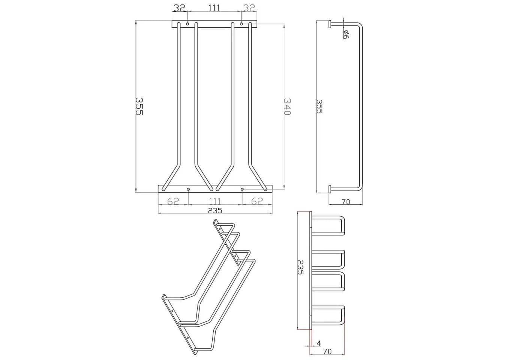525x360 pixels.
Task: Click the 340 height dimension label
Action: tap(287, 106)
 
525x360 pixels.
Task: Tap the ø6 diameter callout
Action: tap(346, 34)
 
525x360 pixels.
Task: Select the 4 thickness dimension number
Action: tap(319, 343)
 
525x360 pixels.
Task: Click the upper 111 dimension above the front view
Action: tap(214, 8)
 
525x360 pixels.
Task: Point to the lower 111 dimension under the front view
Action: tap(214, 201)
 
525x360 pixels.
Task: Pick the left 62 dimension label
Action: tap(173, 201)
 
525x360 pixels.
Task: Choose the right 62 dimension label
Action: tap(257, 201)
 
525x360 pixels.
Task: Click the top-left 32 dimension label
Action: tap(179, 8)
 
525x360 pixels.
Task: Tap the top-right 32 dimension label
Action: tap(249, 8)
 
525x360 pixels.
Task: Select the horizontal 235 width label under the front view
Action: tap(215, 210)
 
